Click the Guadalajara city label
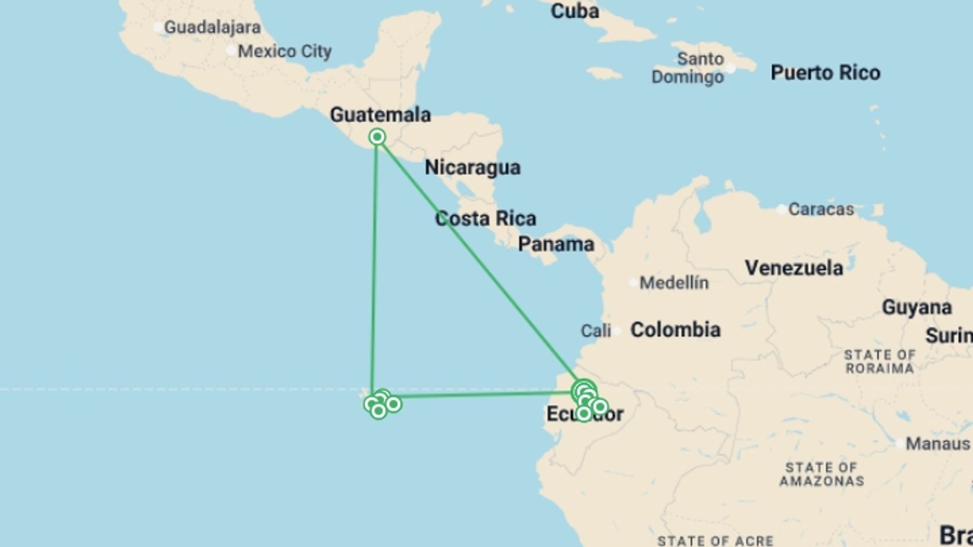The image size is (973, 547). point(212,27)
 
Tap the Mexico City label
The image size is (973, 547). point(284,51)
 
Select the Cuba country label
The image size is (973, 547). point(574,11)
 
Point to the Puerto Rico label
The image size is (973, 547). point(825,73)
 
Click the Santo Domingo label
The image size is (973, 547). point(688,68)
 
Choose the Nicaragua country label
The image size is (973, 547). point(472,168)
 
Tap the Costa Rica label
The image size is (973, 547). point(485,219)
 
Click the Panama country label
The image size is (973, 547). point(556,245)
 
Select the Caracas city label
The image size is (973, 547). point(821,209)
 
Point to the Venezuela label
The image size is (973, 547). point(794,268)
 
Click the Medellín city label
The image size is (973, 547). point(674,283)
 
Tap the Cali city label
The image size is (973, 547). point(595,331)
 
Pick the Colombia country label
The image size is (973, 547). point(675,330)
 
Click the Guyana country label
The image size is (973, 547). point(916,307)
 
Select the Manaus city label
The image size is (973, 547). point(938,444)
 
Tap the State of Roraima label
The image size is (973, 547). point(879,362)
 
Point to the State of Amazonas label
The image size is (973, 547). point(821,474)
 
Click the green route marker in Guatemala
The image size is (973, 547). point(377,137)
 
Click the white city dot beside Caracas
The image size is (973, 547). point(782,210)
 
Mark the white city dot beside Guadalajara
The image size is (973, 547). point(159,27)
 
